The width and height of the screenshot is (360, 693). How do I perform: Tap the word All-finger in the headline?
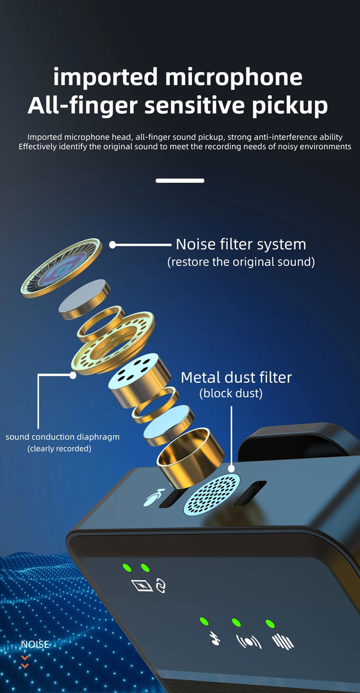[x=82, y=105]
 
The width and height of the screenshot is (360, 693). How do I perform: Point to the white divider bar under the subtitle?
[x=180, y=181]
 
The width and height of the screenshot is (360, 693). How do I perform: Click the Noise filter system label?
[x=241, y=244]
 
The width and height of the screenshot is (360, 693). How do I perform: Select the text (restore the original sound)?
[x=241, y=262]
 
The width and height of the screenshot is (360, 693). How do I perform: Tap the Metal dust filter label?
[x=236, y=378]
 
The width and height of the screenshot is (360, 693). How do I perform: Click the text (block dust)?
[x=231, y=394]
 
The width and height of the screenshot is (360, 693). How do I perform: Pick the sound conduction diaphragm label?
[x=62, y=437]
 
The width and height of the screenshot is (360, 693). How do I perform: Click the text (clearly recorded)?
[x=59, y=449]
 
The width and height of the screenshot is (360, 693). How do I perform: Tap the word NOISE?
[x=35, y=644]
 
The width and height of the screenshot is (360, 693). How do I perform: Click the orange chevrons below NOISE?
[x=25, y=662]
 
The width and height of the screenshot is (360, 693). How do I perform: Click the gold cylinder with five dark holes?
[x=139, y=380]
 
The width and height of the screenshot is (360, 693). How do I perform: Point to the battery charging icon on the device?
[x=143, y=585]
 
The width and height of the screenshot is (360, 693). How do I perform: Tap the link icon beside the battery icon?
[x=161, y=585]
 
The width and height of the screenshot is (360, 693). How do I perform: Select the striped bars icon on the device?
[x=282, y=641]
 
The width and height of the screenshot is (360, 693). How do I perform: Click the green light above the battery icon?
[x=127, y=567]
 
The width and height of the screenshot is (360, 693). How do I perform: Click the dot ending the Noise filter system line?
[x=113, y=245]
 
